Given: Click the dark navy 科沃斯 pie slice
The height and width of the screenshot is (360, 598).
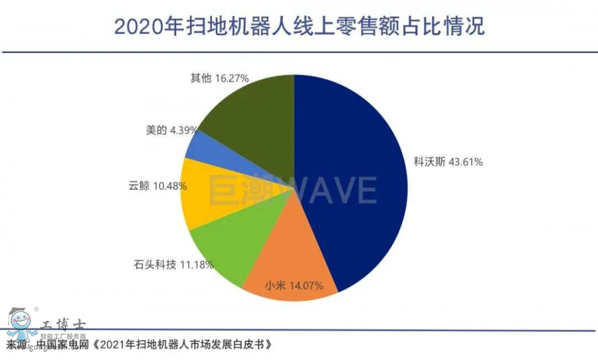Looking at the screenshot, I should (x=352, y=179).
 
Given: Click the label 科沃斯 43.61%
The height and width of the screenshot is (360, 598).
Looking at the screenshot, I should (x=448, y=161).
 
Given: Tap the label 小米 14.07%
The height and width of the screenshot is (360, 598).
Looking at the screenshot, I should (x=294, y=286).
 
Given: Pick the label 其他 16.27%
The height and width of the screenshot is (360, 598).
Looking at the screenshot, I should (x=219, y=78).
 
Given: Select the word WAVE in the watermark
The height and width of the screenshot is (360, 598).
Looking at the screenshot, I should (x=333, y=190).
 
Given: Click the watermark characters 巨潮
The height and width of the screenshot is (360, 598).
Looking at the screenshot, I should (x=235, y=190).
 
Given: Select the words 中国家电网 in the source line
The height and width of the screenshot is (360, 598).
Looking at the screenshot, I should (x=62, y=345).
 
